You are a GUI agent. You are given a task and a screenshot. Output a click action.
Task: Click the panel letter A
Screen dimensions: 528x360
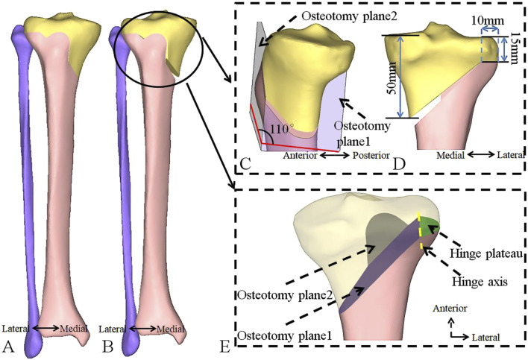click(8, 346)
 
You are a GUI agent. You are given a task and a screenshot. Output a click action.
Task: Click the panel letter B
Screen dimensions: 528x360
click(107, 346)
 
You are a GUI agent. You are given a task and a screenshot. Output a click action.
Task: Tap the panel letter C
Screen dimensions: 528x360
click(245, 163)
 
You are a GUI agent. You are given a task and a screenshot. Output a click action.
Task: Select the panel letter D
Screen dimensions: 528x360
click(400, 163)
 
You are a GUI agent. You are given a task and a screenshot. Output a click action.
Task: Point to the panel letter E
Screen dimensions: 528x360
click(224, 347)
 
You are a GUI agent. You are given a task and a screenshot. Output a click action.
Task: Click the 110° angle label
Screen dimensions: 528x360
click(282, 128)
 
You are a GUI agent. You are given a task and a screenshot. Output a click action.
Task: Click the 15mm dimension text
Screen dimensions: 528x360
click(515, 48)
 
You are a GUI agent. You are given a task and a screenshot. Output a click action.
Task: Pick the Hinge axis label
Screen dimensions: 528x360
click(480, 281)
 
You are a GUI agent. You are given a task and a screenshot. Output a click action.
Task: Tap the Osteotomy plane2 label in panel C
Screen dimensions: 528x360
click(349, 16)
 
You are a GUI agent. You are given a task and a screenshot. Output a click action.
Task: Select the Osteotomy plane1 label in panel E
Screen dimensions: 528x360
click(285, 335)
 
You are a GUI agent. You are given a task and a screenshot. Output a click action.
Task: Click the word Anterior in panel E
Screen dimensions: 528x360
click(450, 308)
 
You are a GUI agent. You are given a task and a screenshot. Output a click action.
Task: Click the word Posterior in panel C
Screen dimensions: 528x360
click(371, 156)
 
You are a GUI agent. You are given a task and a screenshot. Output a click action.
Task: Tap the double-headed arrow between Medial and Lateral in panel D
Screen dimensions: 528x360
click(480, 154)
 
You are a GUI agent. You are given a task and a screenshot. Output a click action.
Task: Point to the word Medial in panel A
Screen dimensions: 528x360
click(74, 329)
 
